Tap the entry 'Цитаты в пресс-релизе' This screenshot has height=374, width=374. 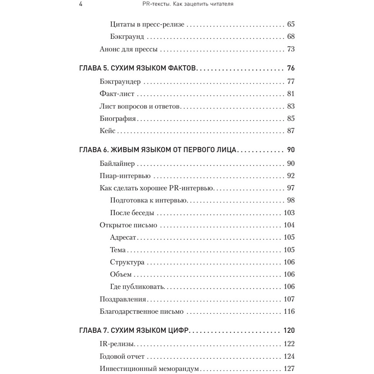coord(147,25)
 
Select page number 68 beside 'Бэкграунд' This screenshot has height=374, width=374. coord(291,37)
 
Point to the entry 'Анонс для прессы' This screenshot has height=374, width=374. coord(128,49)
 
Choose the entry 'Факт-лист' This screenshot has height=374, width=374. coord(117,94)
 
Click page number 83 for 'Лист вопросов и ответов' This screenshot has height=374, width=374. coord(291,106)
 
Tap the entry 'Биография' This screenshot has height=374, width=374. coord(118,119)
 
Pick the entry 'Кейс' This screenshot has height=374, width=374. coord(108,131)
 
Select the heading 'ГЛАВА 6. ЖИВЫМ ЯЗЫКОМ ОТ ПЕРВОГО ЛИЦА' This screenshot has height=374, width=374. coord(158,150)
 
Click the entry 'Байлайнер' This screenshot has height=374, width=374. coord(117,163)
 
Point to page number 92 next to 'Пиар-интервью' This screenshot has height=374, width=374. coord(291,176)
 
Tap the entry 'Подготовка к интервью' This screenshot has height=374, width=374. coord(148,200)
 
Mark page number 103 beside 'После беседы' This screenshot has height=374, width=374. coord(289,213)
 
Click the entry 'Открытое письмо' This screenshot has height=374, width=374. coord(128,225)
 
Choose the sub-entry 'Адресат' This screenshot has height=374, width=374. coord(124,237)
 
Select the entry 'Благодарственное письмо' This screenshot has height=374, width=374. coord(142,311)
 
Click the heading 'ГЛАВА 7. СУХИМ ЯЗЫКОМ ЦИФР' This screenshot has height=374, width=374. coord(135,331)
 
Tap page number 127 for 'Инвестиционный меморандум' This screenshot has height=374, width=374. coord(289,368)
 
